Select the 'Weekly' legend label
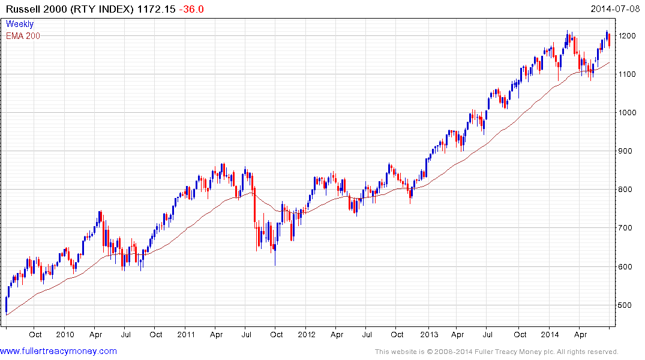click(20, 25)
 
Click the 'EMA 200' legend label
click(23, 36)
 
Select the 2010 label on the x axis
click(65, 334)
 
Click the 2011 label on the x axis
click(186, 334)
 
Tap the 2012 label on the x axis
click(307, 334)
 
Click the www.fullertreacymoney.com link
click(59, 352)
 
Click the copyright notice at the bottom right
click(497, 352)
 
